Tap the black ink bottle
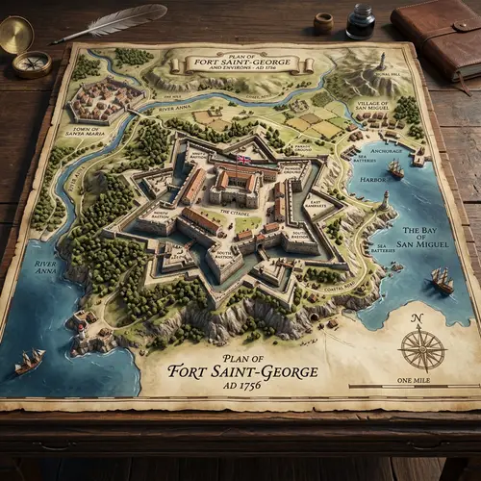click(x=360, y=22)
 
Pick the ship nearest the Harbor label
click(x=395, y=169)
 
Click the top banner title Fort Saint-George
click(x=242, y=63)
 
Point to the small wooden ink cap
click(x=323, y=21)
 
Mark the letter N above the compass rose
click(x=417, y=318)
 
